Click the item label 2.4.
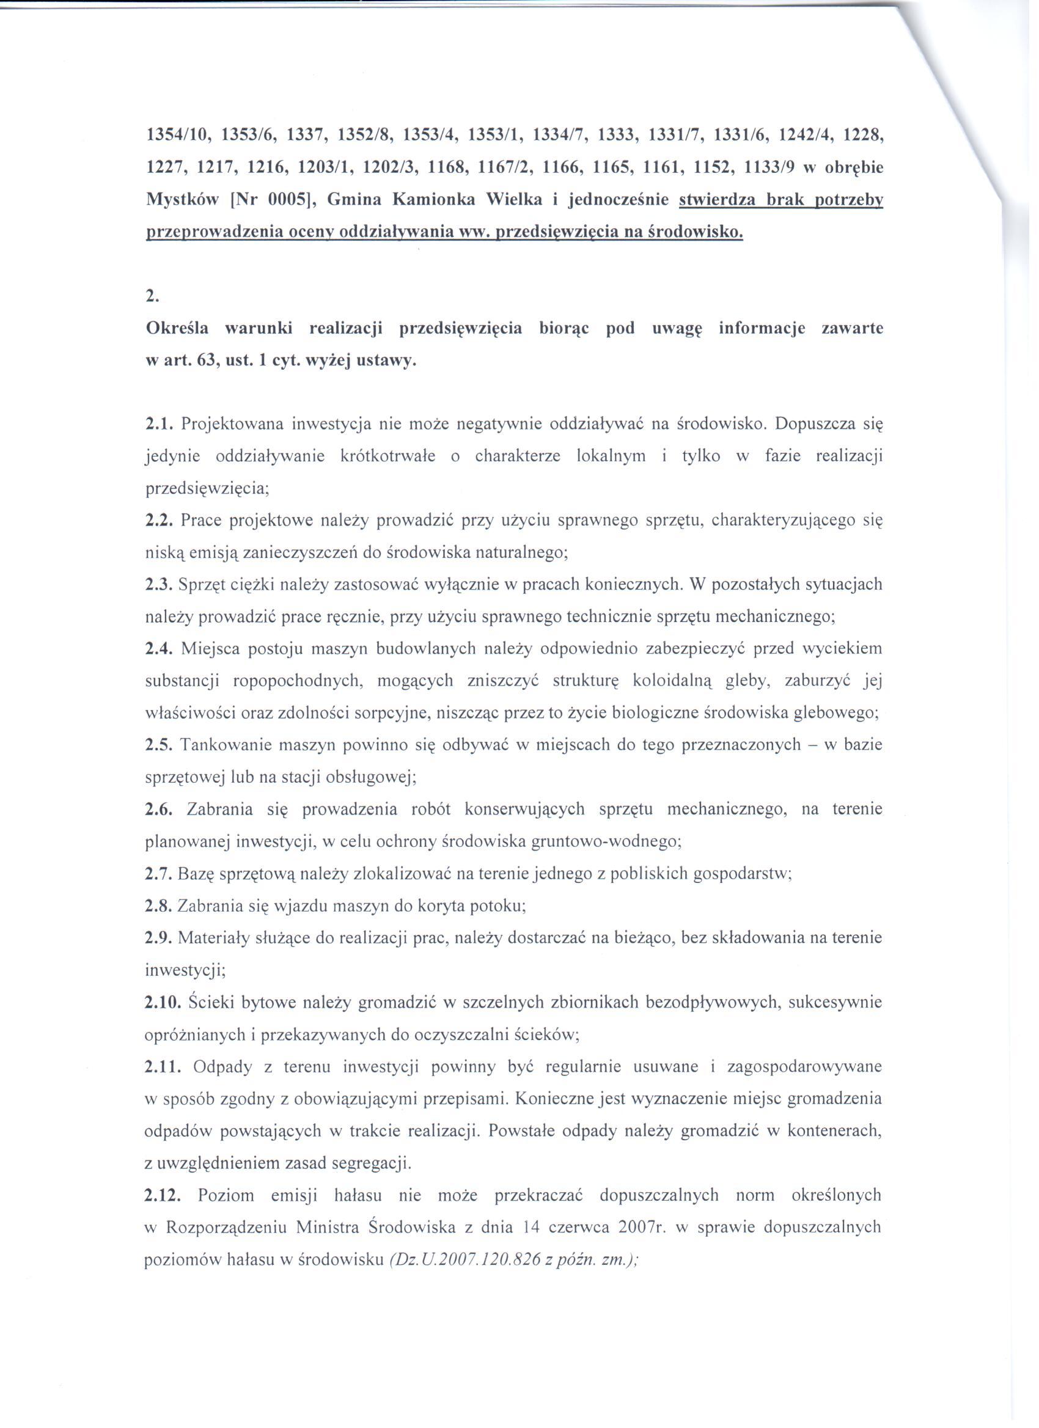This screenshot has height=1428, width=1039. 160,648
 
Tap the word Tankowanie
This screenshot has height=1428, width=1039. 224,745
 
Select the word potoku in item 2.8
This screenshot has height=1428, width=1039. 502,906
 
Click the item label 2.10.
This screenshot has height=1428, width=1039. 163,1001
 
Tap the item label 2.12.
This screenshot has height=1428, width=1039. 163,1195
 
